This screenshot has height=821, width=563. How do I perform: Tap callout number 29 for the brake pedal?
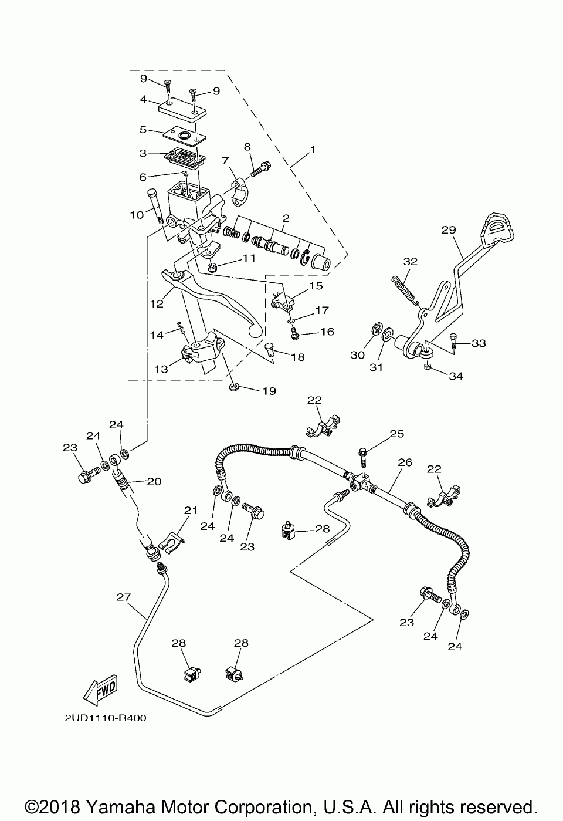pos(449,230)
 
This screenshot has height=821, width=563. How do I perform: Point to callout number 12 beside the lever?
pos(157,304)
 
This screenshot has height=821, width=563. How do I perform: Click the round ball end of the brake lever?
pos(256,331)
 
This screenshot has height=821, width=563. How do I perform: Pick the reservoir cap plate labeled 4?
pos(182,108)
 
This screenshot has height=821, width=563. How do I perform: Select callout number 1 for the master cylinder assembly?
pos(313,150)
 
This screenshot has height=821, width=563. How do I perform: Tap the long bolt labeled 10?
pos(156,207)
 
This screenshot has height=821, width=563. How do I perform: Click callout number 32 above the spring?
pos(411,262)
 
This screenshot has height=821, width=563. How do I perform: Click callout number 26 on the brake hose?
pos(405,462)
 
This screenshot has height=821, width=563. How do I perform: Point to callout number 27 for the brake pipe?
pos(123,597)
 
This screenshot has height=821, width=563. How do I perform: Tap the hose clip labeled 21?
pos(173,540)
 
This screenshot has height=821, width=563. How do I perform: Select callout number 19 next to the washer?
pos(269,391)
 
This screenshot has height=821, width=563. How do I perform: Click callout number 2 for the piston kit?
pos(286,218)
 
